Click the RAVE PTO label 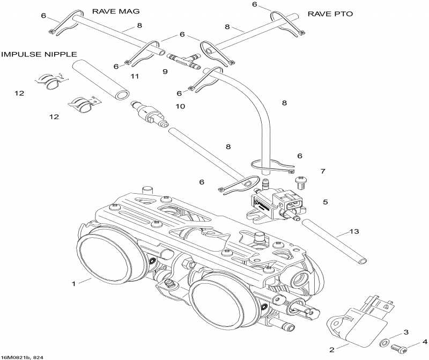pyautogui.click(x=330, y=13)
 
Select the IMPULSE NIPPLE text pyautogui.click(x=39, y=54)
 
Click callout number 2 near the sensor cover pyautogui.click(x=332, y=349)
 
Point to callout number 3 pyautogui.click(x=406, y=332)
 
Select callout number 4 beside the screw pyautogui.click(x=424, y=341)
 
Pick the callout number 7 pyautogui.click(x=322, y=171)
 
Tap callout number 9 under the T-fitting pyautogui.click(x=165, y=71)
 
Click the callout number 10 pyautogui.click(x=180, y=106)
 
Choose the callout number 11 pyautogui.click(x=135, y=77)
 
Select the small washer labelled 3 pyautogui.click(x=384, y=342)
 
